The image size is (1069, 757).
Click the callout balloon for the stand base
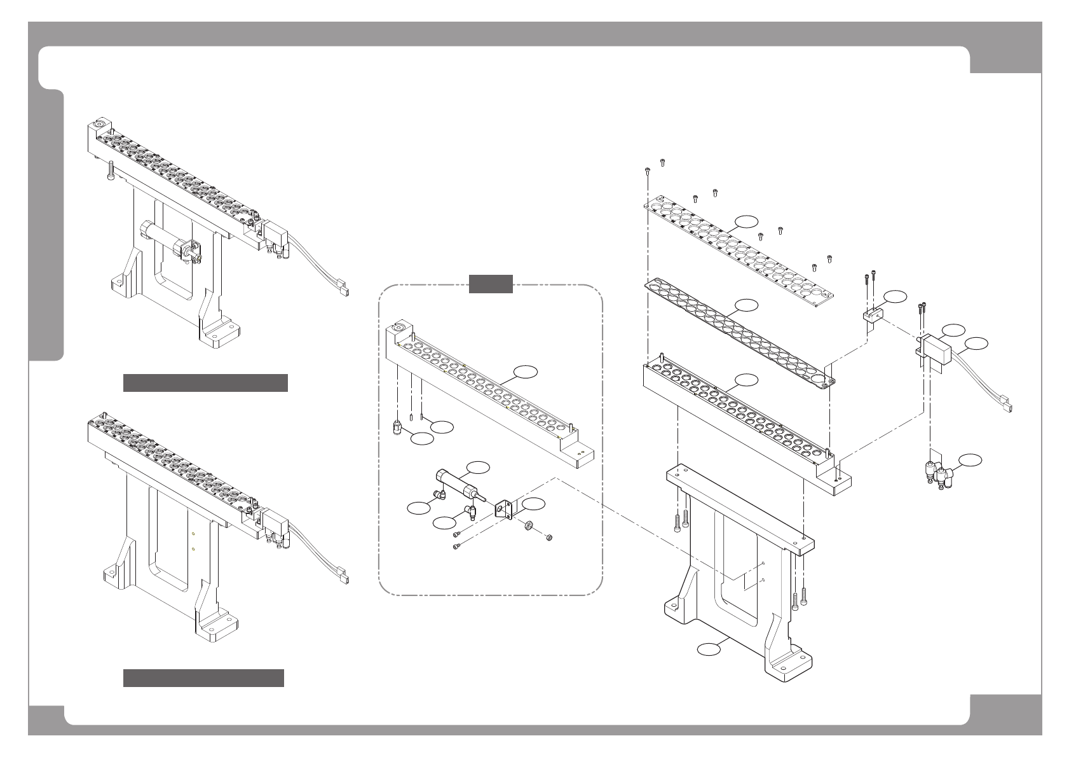(x=710, y=649)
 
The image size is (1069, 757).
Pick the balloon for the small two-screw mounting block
(x=895, y=296)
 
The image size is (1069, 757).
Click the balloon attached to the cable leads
(x=977, y=344)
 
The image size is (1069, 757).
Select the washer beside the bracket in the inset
(x=528, y=526)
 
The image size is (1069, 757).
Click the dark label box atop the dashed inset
(x=491, y=284)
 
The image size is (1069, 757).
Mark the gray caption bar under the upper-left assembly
(x=205, y=383)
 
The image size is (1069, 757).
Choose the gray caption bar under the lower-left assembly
(x=203, y=678)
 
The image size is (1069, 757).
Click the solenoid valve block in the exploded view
(x=935, y=349)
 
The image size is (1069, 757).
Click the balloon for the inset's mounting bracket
(x=534, y=503)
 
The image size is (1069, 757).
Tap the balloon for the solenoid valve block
(x=953, y=330)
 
